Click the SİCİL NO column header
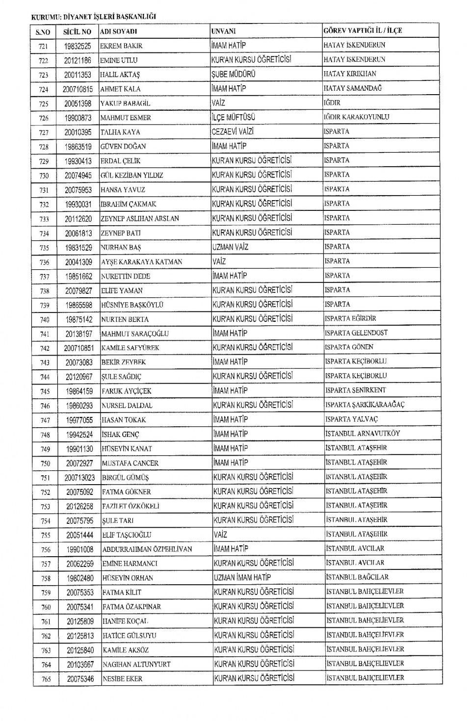click(78, 31)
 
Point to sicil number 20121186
click(78, 60)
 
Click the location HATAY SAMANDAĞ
click(352, 88)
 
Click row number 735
click(45, 248)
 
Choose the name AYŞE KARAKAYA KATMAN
click(141, 262)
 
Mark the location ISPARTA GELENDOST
click(356, 333)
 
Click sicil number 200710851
click(78, 348)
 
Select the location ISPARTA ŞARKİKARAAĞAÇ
click(365, 405)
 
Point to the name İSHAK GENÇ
click(121, 435)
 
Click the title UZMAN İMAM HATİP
click(242, 577)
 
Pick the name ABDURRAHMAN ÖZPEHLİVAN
click(147, 549)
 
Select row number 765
click(46, 679)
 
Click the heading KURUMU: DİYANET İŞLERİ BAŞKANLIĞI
click(93, 16)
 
